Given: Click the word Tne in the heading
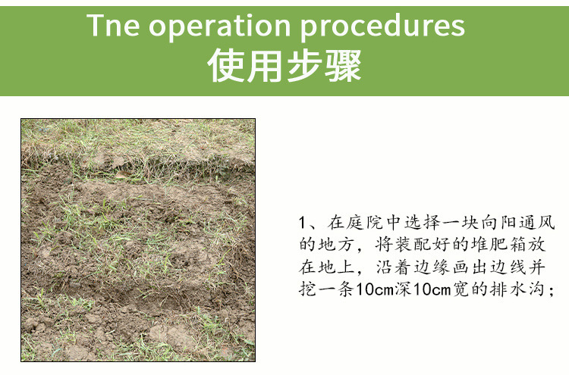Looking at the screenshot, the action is click(113, 25).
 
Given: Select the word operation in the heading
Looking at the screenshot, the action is click(220, 26).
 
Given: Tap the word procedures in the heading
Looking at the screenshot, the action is click(383, 26).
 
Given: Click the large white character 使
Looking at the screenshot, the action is click(226, 66).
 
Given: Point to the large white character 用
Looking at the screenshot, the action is click(265, 66).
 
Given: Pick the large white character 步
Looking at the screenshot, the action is click(303, 66).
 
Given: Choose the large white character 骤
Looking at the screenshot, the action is click(343, 66).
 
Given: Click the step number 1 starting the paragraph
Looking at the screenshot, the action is click(302, 223).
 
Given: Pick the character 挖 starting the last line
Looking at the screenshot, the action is click(308, 289).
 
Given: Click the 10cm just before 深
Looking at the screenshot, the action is click(375, 290).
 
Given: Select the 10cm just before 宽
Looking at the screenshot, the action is click(432, 290).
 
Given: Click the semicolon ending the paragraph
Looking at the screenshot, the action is click(552, 291).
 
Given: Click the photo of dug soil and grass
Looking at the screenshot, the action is click(138, 240).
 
